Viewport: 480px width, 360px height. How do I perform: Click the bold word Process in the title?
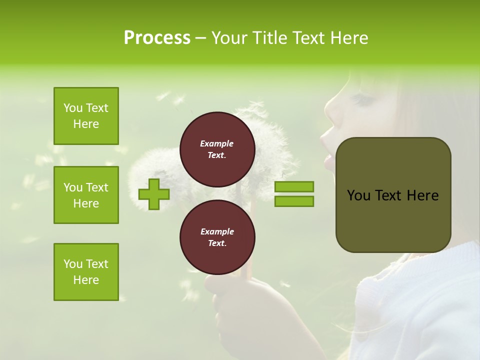pos(157,38)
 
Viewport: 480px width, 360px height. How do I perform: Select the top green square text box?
pos(86,116)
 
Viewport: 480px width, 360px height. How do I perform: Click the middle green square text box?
pos(86,195)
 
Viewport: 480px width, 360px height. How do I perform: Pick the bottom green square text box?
pos(86,271)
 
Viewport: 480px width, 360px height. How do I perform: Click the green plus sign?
pos(153,194)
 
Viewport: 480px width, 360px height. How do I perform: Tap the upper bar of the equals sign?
pos(294,186)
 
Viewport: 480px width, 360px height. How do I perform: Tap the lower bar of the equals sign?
pos(294,201)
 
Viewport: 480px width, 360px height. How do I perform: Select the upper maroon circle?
pos(217,149)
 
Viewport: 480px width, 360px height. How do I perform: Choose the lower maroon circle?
pos(217,237)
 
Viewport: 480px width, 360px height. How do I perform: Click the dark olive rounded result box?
pos(393,195)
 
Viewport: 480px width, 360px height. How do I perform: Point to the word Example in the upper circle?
pos(216,143)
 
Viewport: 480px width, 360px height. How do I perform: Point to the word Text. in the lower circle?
pos(216,243)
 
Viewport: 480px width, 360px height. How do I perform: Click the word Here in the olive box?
pos(422,195)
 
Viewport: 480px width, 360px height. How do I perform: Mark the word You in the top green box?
pos(73,108)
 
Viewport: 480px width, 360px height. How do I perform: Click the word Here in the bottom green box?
pos(86,280)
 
